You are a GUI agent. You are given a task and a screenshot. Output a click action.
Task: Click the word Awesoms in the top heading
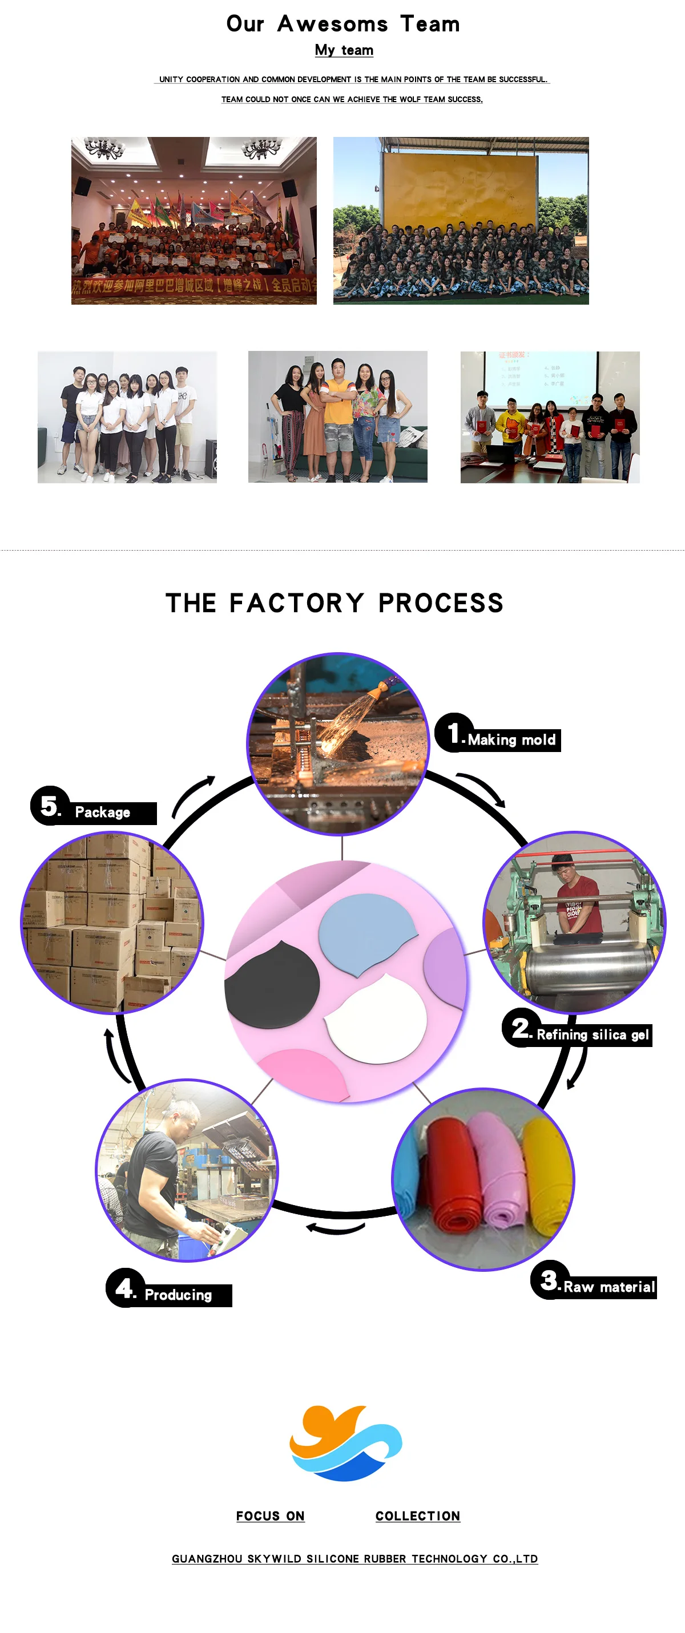coord(332,24)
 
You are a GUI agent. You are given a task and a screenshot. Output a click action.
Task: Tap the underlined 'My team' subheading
coord(344,50)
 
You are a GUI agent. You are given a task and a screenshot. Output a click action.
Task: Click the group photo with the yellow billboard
coord(461,220)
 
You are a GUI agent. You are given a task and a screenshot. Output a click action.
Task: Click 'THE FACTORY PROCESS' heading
coord(335,603)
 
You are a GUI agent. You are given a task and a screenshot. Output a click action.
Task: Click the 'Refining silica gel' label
coord(592,1034)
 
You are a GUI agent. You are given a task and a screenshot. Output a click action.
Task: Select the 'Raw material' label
coord(609,1286)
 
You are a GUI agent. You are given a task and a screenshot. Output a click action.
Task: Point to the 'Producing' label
coord(178,1295)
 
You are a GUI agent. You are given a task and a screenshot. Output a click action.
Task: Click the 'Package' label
coord(102,812)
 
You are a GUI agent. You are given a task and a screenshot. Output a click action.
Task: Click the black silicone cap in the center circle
coord(273,984)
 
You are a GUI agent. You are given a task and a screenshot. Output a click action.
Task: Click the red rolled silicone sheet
coord(452,1173)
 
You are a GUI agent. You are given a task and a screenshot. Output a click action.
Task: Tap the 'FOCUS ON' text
coord(270,1515)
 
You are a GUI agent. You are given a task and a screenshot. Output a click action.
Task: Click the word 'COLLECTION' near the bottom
coord(417,1515)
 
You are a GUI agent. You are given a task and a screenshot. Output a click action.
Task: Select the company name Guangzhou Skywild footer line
coord(354,1559)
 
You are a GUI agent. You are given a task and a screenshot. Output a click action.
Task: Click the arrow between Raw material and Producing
coord(336,1228)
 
